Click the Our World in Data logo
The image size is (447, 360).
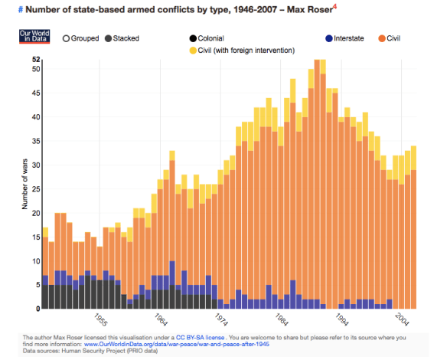coord(34,37)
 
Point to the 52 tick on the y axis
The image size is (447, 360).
coord(36,60)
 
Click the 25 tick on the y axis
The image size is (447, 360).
coord(36,189)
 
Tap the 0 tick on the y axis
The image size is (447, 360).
coord(38,309)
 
